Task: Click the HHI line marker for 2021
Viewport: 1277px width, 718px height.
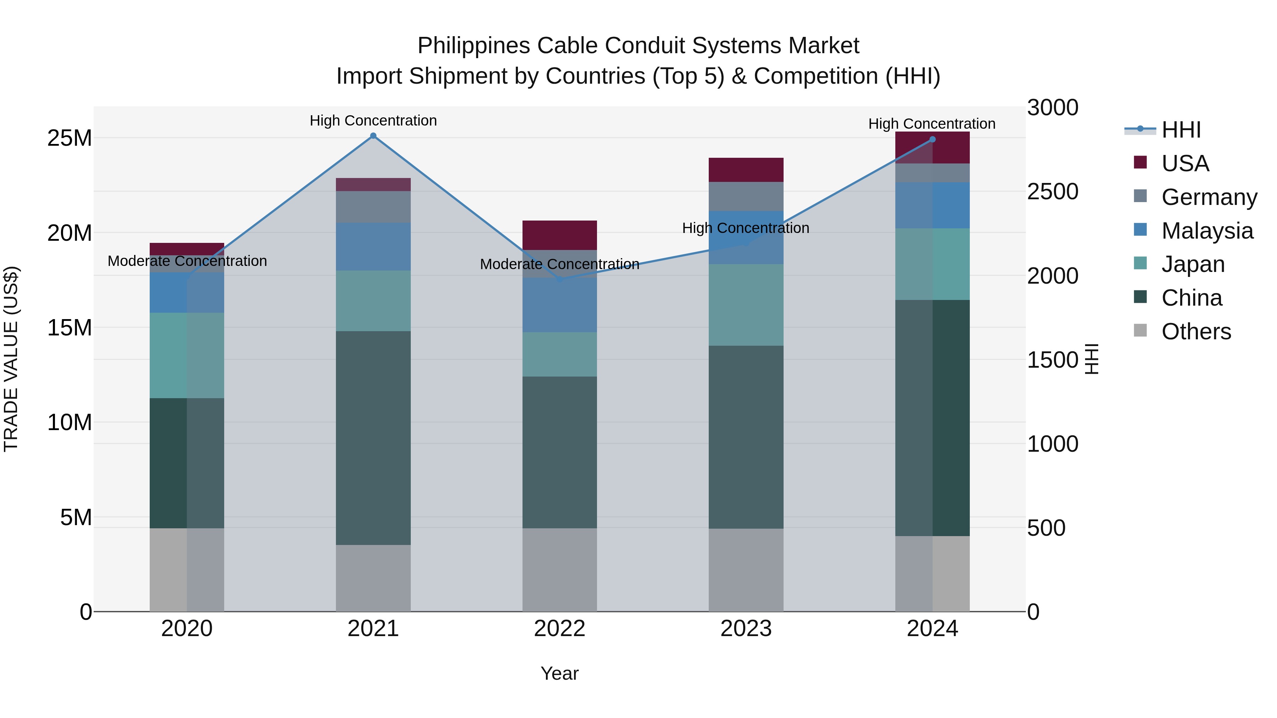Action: [373, 136]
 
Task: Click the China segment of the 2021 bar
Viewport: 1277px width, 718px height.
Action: [373, 438]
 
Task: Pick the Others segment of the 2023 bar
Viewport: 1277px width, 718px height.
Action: [746, 570]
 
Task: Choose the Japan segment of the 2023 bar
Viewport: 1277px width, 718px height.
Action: [746, 305]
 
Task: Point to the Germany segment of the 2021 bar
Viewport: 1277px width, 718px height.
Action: [373, 207]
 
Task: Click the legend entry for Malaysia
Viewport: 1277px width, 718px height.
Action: [1207, 230]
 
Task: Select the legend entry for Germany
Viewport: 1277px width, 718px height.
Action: [1209, 197]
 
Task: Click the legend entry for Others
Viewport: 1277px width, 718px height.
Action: [1196, 331]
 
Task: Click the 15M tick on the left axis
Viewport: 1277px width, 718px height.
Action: [70, 328]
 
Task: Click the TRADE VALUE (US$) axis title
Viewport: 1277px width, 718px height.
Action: [11, 359]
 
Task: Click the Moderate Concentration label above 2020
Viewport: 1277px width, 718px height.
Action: [187, 261]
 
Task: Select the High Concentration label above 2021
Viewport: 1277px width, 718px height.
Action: [373, 121]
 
